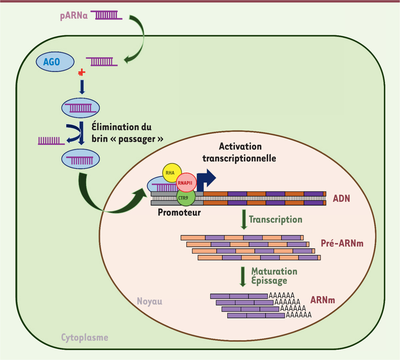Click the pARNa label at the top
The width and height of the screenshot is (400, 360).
[x=74, y=16]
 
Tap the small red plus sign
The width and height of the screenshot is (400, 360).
[x=81, y=72]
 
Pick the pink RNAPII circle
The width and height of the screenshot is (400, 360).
[x=186, y=183]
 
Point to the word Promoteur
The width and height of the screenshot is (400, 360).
[x=179, y=212]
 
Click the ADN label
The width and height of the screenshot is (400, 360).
[x=341, y=198]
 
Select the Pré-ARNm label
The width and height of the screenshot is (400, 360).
[x=342, y=243]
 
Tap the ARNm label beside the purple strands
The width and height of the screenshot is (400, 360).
[x=322, y=300]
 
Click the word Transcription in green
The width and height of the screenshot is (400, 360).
[x=275, y=220]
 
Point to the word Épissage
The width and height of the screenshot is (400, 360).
[x=269, y=281]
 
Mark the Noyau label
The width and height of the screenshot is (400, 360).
[x=150, y=301]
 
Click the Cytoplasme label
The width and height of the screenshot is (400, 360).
[x=85, y=337]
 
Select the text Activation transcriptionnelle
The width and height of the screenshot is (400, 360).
[x=240, y=152]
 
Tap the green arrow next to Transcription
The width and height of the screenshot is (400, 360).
[x=244, y=219]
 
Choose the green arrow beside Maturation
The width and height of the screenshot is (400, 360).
[x=243, y=276]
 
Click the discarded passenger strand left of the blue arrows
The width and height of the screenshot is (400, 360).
[x=51, y=141]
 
